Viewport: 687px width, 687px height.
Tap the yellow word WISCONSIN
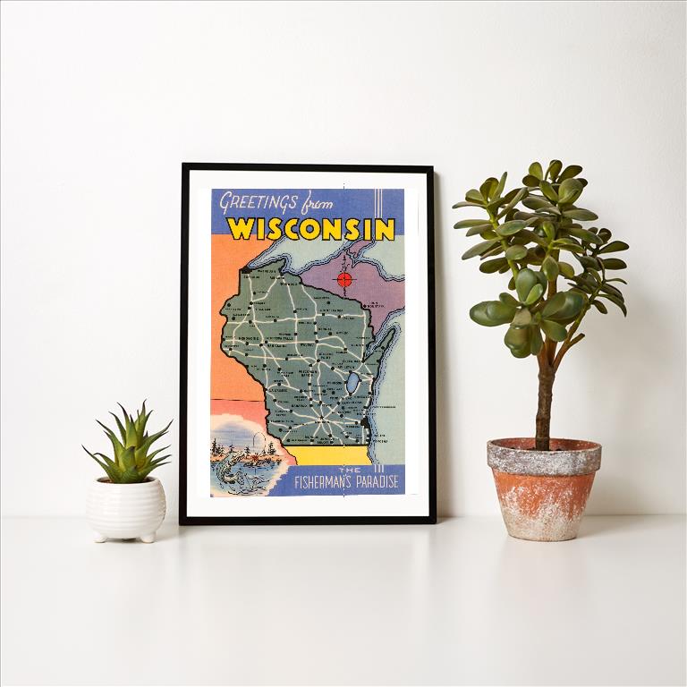(x=310, y=229)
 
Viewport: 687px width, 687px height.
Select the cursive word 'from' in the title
(x=315, y=202)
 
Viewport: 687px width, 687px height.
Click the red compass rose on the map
(x=344, y=279)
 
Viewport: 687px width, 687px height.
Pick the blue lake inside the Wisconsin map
(x=355, y=383)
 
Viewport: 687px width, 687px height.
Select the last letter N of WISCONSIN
(x=384, y=230)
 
